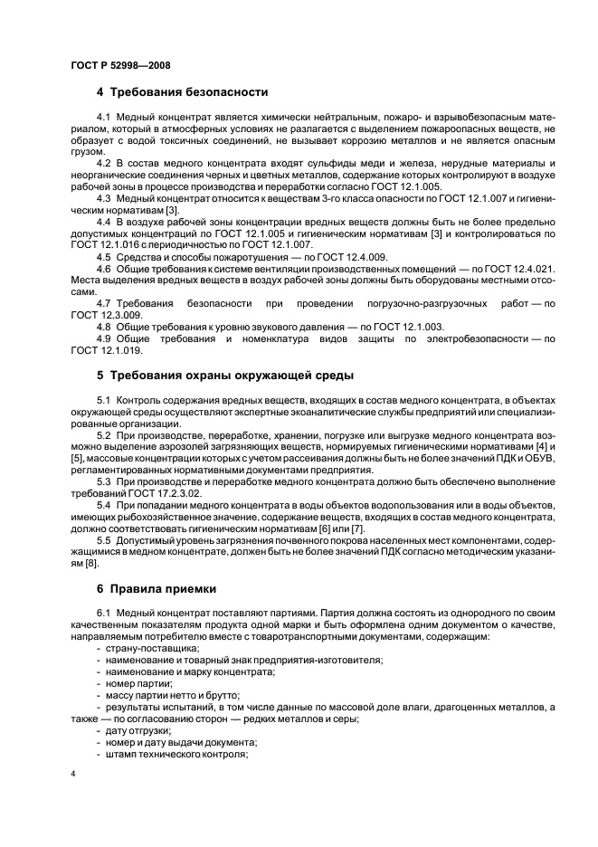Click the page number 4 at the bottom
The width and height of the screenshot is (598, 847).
(x=72, y=774)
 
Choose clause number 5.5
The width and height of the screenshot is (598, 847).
(x=103, y=539)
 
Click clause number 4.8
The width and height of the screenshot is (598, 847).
(x=103, y=327)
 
